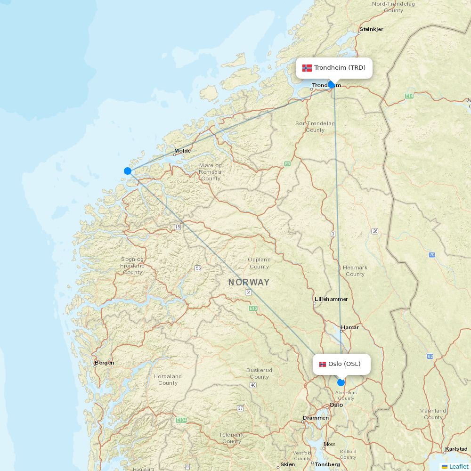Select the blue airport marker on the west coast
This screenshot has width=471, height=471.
coord(128,171)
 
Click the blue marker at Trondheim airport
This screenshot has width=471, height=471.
coord(332,85)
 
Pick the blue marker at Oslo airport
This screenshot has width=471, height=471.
coord(341,382)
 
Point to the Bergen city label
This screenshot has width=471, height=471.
coord(104,363)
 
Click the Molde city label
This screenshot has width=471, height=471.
coord(183,151)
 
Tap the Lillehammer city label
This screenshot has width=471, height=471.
coord(331,299)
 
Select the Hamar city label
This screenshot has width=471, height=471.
coord(350,327)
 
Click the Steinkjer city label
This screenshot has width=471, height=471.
coord(371,29)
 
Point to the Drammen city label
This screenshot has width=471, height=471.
coord(316,418)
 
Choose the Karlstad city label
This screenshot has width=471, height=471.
coord(456,449)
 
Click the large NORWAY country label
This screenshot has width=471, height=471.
coord(249,283)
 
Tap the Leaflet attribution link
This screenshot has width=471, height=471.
coord(458,466)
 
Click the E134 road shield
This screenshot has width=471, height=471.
coord(181,420)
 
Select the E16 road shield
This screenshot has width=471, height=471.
coord(253,309)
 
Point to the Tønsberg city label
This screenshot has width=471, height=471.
coord(327,464)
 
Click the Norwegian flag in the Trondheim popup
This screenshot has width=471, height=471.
coord(307,68)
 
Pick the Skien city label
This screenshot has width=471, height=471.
coord(287,464)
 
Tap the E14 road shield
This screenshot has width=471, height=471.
coord(409,96)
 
